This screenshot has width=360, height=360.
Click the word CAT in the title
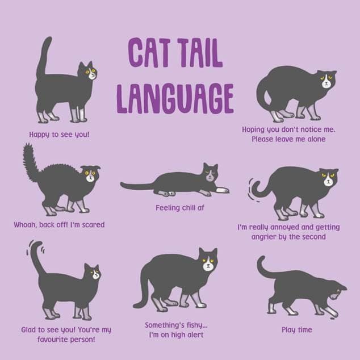[149, 54]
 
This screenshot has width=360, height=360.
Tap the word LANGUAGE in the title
[175, 97]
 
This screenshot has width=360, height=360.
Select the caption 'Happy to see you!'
[60, 135]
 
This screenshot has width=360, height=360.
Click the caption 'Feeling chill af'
[179, 208]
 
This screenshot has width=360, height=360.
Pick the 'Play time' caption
[296, 329]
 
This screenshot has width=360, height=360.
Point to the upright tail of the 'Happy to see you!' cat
[43, 57]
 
